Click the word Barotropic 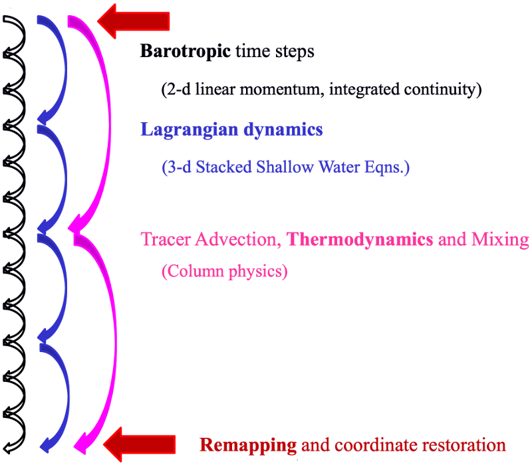[176, 52]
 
